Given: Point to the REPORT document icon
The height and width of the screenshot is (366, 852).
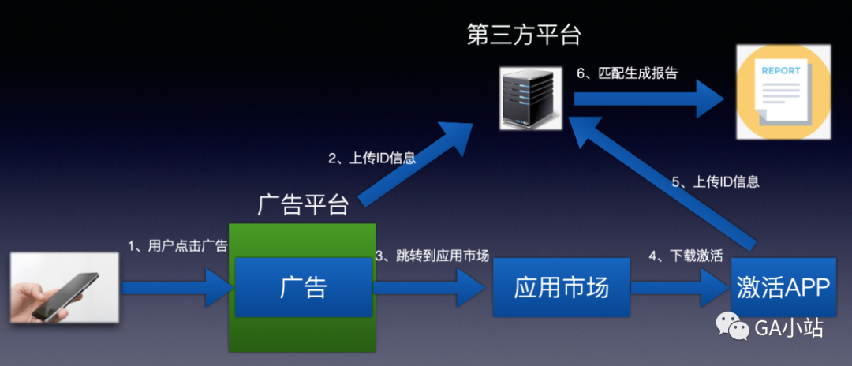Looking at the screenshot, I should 783,92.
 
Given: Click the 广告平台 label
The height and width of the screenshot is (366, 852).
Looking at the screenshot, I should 304,204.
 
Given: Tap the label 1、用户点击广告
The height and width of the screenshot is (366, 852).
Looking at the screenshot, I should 177,245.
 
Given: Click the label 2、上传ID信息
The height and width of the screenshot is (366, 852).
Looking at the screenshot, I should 372,158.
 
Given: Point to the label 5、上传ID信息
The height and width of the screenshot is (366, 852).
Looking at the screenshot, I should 716,181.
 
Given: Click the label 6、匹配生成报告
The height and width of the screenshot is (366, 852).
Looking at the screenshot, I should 627,73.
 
